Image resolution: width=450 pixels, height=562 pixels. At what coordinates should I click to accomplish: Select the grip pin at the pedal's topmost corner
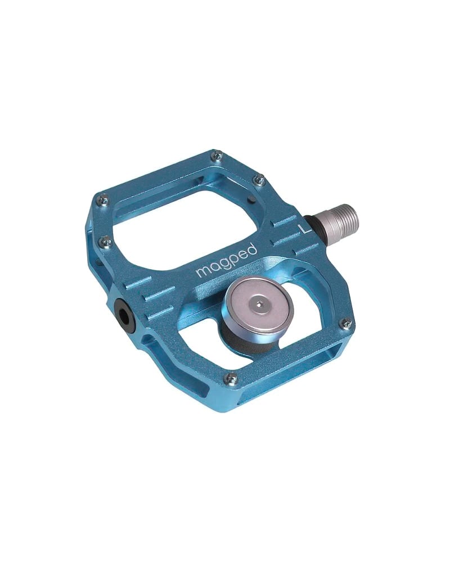coord(217,155)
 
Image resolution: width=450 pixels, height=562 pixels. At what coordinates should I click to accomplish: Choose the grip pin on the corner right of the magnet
coord(346,323)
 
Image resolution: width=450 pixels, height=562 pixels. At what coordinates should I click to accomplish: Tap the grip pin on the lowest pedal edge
coord(230,378)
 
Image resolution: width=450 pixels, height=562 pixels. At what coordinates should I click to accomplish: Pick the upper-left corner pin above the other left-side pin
coord(103,198)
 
